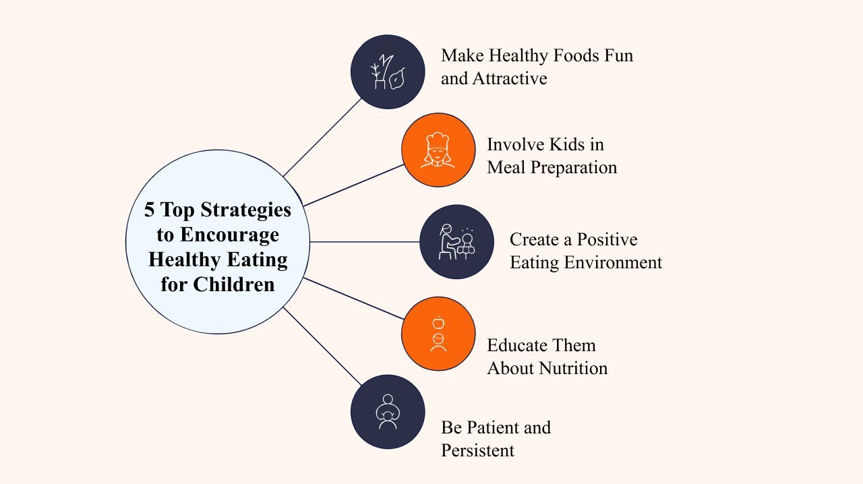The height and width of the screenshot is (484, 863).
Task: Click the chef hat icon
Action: click(438, 150)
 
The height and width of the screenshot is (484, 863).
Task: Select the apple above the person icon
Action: click(438, 322)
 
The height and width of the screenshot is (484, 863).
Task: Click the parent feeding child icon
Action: click(457, 241)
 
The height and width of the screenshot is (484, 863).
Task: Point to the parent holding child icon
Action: click(388, 412)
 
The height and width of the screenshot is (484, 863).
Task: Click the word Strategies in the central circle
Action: click(246, 210)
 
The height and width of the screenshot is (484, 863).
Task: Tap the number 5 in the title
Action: click(149, 210)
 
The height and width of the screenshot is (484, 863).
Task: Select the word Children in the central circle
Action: click(234, 284)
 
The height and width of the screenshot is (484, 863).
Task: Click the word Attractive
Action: click(509, 79)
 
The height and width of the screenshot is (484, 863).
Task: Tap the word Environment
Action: click(613, 263)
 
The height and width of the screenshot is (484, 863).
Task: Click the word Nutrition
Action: click(573, 369)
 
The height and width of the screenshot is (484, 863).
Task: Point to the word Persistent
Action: click(477, 450)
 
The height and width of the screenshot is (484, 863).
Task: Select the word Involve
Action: click(516, 145)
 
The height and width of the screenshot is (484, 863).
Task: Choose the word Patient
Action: click(491, 428)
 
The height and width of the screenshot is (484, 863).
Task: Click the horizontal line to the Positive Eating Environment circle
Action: click(365, 242)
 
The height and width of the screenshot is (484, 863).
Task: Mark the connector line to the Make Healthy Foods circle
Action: click(322, 138)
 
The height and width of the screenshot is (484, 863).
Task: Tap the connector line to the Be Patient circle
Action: click(322, 346)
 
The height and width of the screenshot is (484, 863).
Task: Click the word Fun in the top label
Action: click(618, 56)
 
